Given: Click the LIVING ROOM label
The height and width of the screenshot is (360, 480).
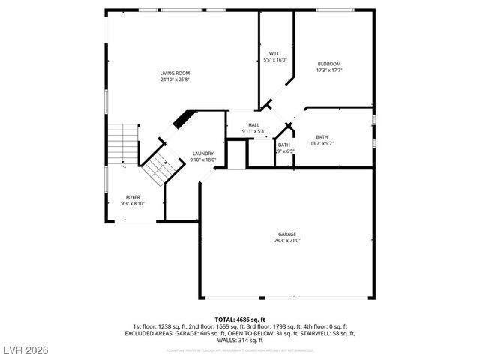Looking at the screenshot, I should click(174, 73).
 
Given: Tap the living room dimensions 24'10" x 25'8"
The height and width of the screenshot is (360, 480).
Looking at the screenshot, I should click(174, 79).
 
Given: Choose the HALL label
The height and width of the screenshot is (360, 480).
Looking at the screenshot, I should click(254, 125).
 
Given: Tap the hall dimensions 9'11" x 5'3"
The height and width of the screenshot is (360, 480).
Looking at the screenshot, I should click(254, 131).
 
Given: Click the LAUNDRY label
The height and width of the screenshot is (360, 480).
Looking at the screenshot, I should click(202, 153).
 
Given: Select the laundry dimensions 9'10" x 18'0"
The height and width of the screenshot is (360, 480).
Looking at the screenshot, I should click(202, 159).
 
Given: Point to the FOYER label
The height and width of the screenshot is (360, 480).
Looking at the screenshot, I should click(133, 197).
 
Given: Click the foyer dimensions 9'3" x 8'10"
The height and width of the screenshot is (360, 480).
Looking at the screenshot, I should click(133, 203).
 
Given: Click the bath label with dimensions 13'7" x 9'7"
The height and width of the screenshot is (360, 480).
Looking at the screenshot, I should click(322, 136).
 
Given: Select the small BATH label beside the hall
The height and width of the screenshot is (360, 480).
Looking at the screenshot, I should click(284, 145).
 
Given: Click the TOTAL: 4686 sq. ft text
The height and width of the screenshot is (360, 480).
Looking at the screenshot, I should click(239, 319).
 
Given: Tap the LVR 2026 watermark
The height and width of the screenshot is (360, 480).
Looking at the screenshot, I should click(25, 349).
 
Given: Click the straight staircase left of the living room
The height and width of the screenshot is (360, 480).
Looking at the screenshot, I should click(121, 143).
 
